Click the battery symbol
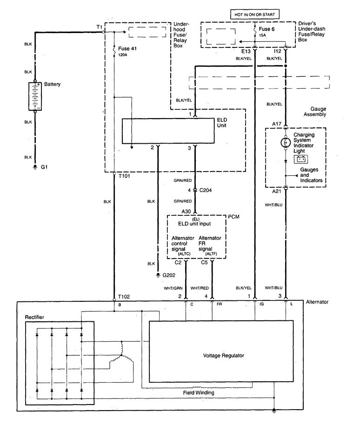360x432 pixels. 34,97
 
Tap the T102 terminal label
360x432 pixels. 124,296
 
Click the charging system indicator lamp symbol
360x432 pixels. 285,143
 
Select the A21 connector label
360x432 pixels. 277,191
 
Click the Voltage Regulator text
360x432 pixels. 224,356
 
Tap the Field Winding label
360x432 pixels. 199,392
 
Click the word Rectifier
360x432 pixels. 36,317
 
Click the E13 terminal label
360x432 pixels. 247,51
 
